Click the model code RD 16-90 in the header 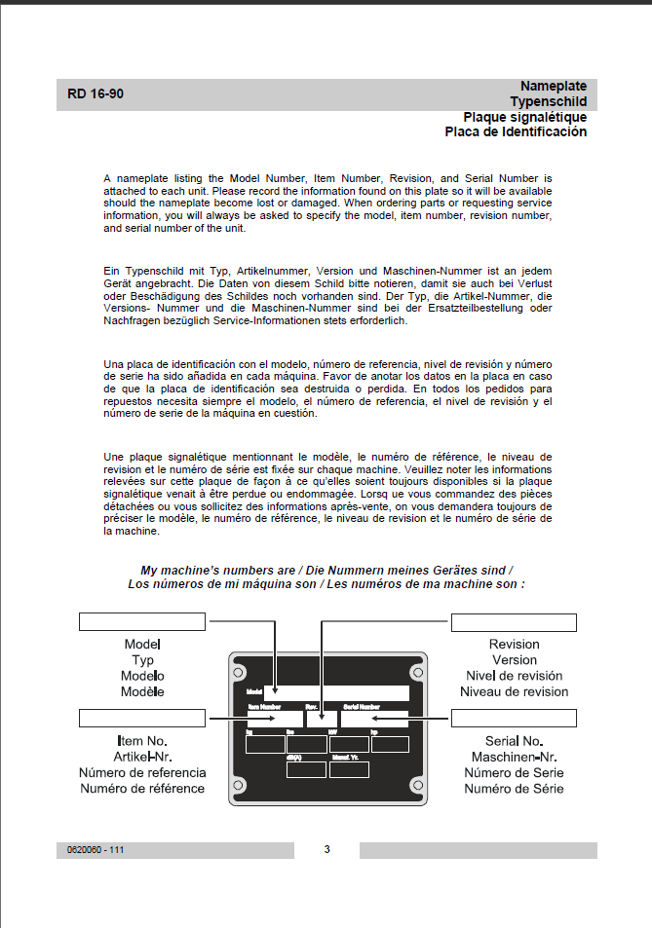(96, 94)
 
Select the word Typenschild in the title (548, 101)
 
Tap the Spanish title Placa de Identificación (516, 131)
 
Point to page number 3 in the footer (326, 849)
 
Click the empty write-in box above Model (142, 622)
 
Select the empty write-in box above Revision (514, 622)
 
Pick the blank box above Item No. (142, 719)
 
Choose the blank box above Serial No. (514, 719)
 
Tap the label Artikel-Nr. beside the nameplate (142, 758)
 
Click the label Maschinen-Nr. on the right (514, 758)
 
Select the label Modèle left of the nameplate (142, 691)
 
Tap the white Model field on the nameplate (335, 693)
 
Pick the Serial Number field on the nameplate (374, 720)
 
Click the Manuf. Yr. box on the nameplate (349, 769)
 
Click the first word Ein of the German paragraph (111, 268)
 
